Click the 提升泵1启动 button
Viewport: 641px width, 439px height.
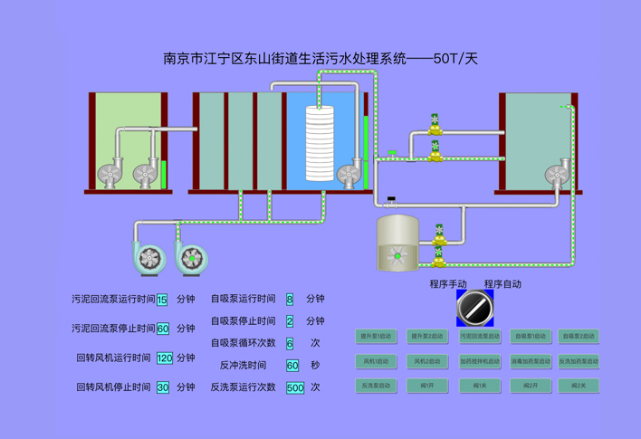[x=376, y=337]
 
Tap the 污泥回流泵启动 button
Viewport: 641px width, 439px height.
[x=479, y=337]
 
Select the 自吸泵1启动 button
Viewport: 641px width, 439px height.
[x=531, y=337]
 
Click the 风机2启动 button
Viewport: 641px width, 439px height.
[x=427, y=361]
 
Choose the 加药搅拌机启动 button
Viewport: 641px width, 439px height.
[x=479, y=361]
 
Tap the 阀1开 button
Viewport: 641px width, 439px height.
[x=427, y=386]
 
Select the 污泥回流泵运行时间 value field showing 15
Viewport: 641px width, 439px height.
[x=162, y=301]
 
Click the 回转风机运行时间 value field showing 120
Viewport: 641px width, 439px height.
[x=164, y=358]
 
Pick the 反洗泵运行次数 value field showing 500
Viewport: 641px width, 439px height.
[x=295, y=387]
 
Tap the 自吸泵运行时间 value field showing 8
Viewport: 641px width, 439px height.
[x=290, y=300]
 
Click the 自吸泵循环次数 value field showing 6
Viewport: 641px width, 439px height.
[x=290, y=344]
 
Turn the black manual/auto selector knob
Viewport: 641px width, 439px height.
[x=475, y=308]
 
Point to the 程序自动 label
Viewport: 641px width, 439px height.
[x=502, y=284]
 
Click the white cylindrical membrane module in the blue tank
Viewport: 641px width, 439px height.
[x=320, y=143]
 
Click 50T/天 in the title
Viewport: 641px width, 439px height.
[x=454, y=59]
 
